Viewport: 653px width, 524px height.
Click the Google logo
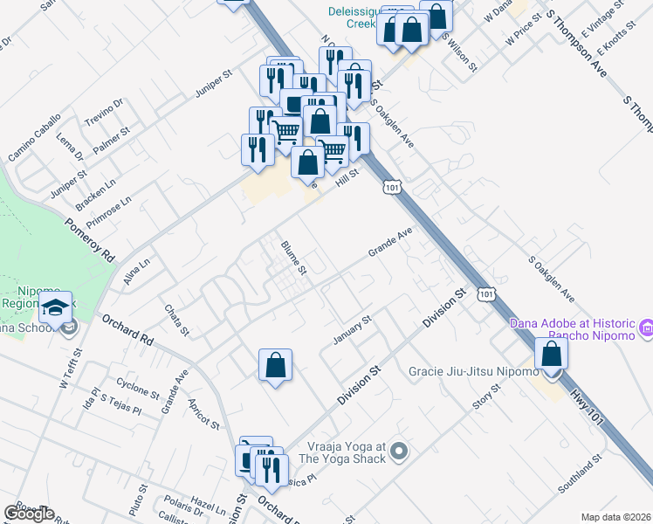tap(29, 514)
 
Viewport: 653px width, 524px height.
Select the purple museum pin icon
tap(646, 329)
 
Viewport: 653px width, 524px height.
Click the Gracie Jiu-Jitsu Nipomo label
tap(474, 373)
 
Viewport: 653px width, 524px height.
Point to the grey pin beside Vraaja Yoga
tap(399, 452)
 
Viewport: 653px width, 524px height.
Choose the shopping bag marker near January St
tap(275, 365)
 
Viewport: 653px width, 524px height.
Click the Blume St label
tap(293, 258)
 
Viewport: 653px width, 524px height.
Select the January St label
tap(353, 329)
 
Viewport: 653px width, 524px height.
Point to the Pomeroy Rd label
tap(90, 240)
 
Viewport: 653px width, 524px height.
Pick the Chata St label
tap(176, 320)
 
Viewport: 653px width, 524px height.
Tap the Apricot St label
tap(203, 413)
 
